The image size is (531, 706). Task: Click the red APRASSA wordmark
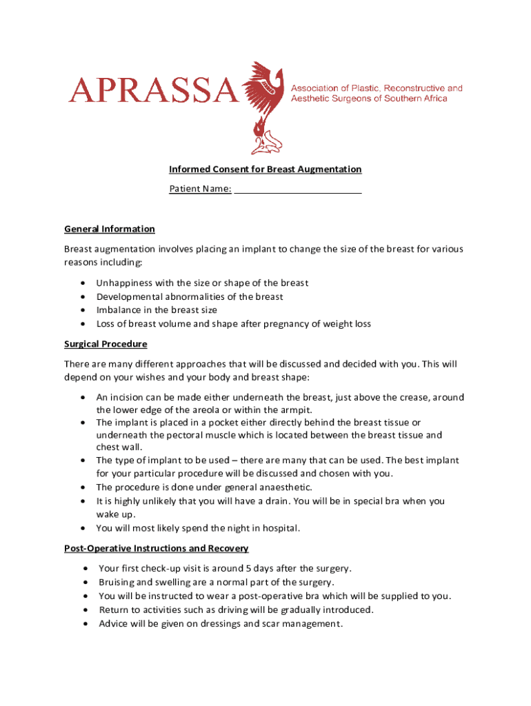click(x=153, y=90)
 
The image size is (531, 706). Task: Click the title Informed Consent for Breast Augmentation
click(x=265, y=169)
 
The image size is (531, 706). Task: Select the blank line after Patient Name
click(x=298, y=189)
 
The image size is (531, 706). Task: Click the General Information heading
click(x=110, y=229)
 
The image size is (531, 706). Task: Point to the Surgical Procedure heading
click(x=106, y=343)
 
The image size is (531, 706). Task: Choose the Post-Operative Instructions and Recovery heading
click(x=157, y=548)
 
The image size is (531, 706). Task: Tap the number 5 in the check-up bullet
click(x=248, y=569)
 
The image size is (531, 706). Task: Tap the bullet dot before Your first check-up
click(x=84, y=569)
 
